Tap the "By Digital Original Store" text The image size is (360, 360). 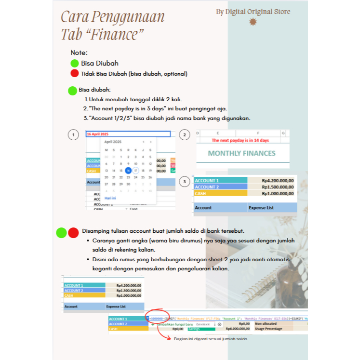[x=253, y=12]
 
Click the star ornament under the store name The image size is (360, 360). [x=253, y=22]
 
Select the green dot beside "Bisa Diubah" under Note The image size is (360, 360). [x=74, y=63]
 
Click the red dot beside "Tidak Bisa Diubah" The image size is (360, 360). [x=74, y=74]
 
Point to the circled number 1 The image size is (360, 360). [x=73, y=135]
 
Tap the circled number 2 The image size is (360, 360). [x=185, y=135]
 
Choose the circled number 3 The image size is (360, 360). [x=185, y=182]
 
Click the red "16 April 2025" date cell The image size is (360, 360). [x=98, y=134]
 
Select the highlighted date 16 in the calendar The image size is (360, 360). [x=128, y=170]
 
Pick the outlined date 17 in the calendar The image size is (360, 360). [x=135, y=170]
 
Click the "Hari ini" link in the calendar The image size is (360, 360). [x=110, y=198]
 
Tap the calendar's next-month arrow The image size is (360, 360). [x=151, y=142]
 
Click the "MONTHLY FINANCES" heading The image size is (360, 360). [x=241, y=153]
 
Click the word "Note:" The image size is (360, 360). [x=79, y=53]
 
